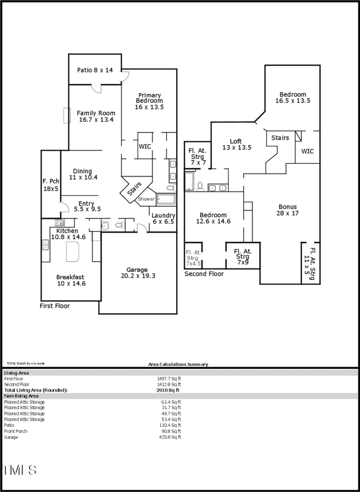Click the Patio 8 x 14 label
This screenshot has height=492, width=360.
click(95, 70)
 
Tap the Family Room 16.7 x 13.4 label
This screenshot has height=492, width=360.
click(95, 117)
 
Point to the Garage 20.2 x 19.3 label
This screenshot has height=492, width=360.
click(138, 273)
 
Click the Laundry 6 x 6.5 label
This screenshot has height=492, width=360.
click(163, 219)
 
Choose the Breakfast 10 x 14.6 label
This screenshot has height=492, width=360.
click(70, 280)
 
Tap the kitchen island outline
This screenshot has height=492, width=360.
click(72, 251)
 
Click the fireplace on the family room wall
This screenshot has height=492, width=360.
click(67, 116)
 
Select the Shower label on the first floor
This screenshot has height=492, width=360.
click(146, 199)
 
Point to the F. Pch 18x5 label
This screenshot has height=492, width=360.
click(50, 185)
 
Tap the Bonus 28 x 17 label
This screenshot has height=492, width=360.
click(288, 210)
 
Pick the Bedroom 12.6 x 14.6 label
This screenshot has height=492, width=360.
click(213, 218)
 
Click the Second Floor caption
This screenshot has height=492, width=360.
click(204, 274)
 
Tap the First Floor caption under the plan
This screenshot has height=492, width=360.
click(55, 306)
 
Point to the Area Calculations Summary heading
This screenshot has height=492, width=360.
click(178, 364)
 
